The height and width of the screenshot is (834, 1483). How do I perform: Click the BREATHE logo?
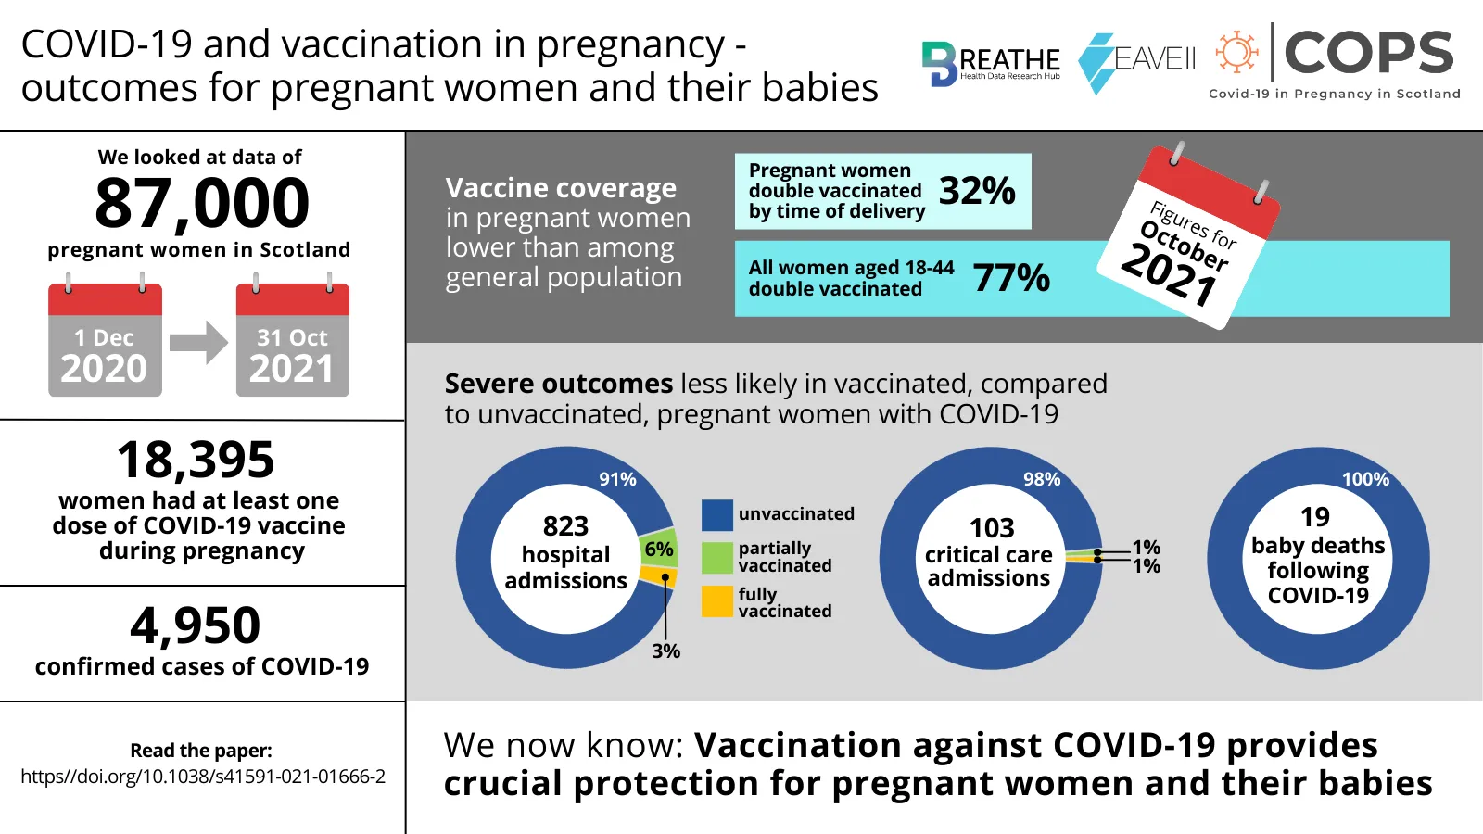coord(990,63)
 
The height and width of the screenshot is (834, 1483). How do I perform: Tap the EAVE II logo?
coord(1137,61)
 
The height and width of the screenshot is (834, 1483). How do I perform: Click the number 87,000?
coord(202,203)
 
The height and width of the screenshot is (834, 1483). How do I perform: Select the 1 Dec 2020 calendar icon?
coord(105,339)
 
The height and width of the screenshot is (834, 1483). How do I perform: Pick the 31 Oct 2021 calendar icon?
coord(292,339)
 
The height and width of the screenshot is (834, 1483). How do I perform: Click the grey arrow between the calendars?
coord(198,343)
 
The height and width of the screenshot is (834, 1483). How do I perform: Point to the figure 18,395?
coord(196,460)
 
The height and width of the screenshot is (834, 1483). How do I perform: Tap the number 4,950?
coord(196,625)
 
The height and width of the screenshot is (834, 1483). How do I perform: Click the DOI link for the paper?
coord(203,777)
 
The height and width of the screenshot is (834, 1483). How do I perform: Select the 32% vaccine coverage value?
coord(977,191)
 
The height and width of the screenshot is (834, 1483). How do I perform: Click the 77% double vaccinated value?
coord(1011,277)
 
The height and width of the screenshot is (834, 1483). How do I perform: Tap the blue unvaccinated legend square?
coord(717,514)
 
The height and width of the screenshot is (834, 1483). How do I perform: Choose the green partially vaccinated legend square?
coord(717,558)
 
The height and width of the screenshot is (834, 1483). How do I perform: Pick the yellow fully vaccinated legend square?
coord(717,601)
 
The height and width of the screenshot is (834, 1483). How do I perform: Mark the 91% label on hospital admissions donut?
coord(617,479)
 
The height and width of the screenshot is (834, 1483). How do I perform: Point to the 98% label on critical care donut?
coord(1042,479)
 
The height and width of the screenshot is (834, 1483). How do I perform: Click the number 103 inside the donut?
coord(992,528)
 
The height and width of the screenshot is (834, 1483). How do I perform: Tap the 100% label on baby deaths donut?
coord(1365,479)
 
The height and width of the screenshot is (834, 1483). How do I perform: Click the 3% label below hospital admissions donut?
coord(665,651)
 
